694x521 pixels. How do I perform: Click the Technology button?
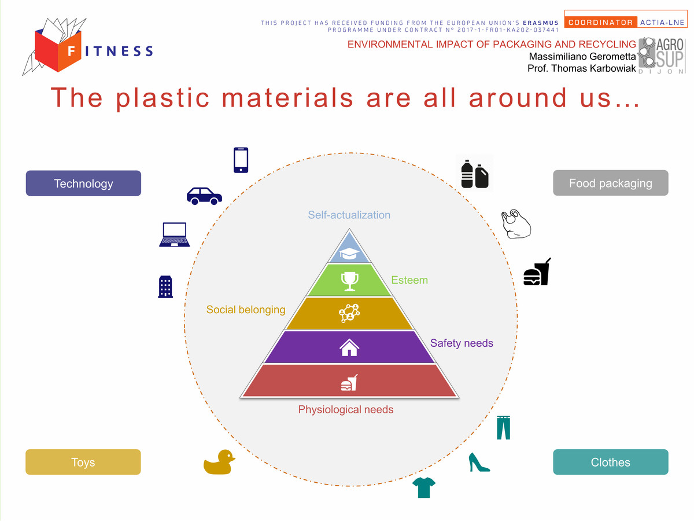[x=83, y=183]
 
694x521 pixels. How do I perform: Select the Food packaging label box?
[x=611, y=183]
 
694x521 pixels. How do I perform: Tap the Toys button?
[x=83, y=462]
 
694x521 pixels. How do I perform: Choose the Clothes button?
[x=611, y=462]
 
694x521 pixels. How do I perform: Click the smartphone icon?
[x=241, y=160]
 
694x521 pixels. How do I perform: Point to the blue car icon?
[x=204, y=196]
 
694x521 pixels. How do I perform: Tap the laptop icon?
[x=174, y=234]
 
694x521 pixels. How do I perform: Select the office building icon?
[x=165, y=287]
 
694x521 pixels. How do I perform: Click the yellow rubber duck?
[x=219, y=462]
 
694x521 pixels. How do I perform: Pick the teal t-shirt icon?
[x=424, y=487]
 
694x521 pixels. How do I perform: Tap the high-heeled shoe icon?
[x=479, y=462]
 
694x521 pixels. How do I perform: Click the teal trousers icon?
[x=503, y=428]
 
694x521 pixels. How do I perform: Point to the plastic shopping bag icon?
[x=516, y=223]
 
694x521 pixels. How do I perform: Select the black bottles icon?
[x=475, y=174]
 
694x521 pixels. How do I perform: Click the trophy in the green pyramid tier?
[x=349, y=281]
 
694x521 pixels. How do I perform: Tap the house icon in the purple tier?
[x=349, y=347]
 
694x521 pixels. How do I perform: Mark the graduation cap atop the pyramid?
[x=349, y=254]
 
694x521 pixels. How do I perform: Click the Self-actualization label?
[x=349, y=215]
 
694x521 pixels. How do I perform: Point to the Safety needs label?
[x=462, y=343]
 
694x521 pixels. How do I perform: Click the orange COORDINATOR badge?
[x=600, y=22]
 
